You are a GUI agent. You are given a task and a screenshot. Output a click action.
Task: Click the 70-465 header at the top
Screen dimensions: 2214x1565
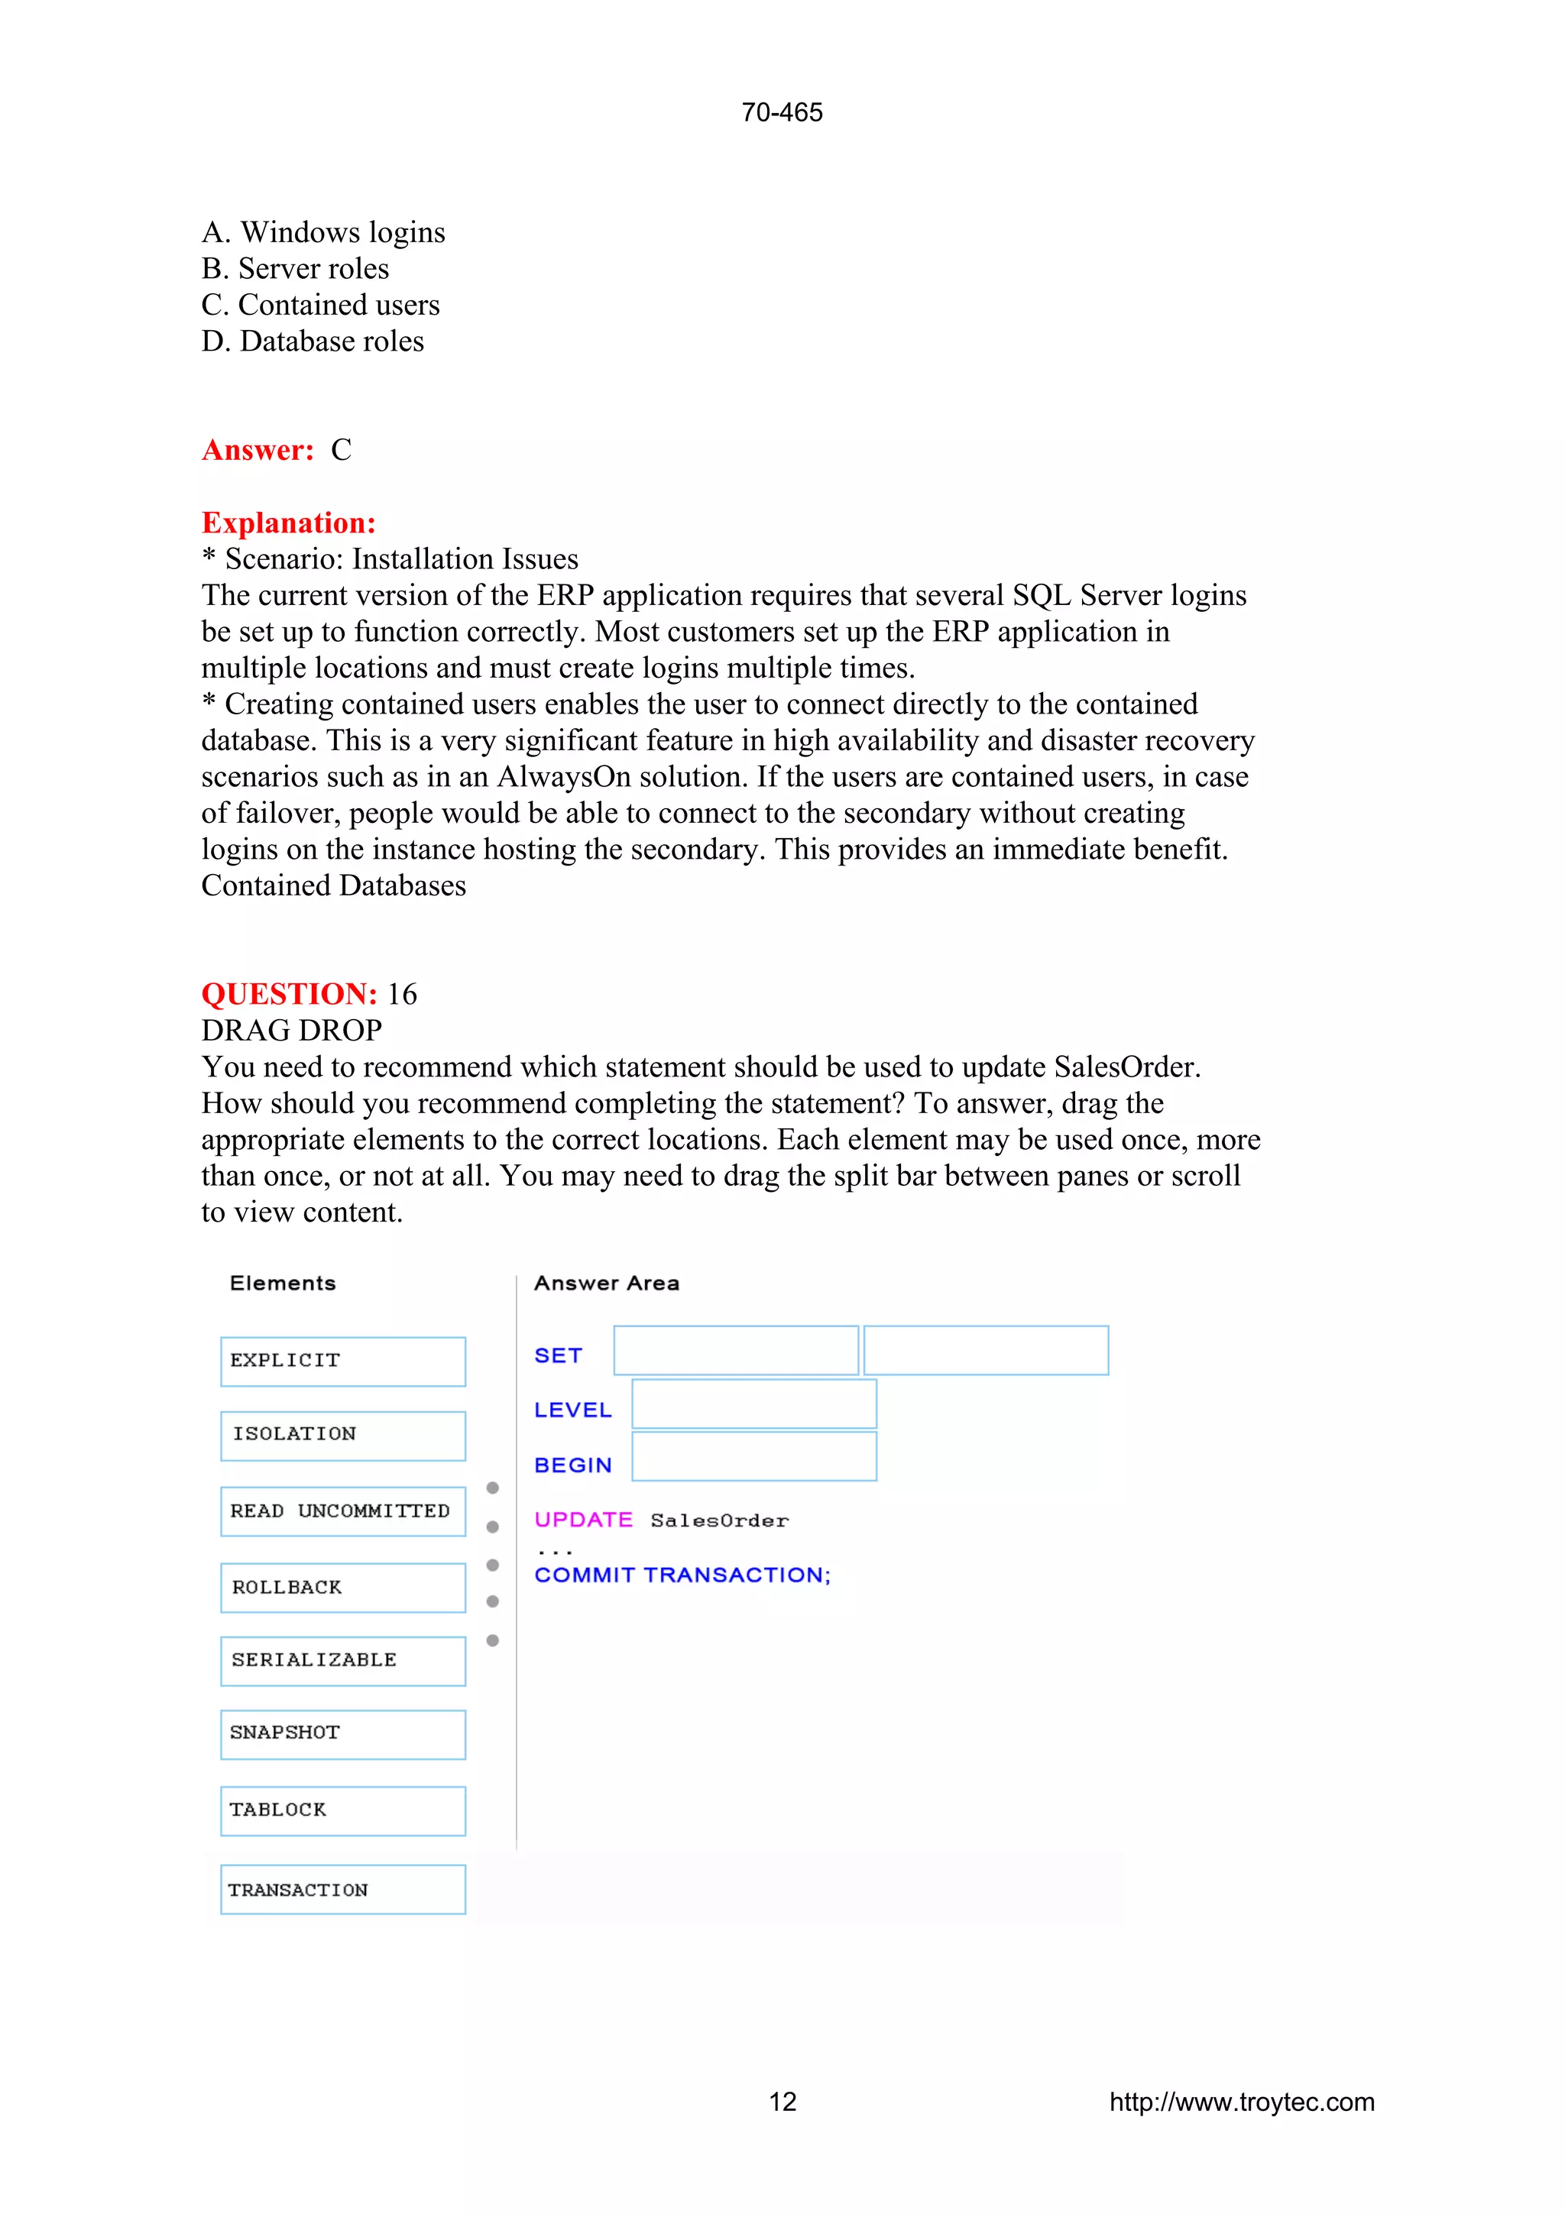pos(781,113)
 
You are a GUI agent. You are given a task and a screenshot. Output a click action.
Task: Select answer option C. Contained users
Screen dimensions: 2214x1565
pos(320,305)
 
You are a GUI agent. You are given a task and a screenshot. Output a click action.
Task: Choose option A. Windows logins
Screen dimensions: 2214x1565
pos(323,232)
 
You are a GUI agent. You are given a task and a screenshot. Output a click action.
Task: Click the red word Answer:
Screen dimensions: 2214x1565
pos(258,450)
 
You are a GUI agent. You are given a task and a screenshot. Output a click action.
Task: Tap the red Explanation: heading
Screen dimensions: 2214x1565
pos(288,523)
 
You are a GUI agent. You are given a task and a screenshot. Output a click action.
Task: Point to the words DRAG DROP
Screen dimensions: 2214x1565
pos(291,1031)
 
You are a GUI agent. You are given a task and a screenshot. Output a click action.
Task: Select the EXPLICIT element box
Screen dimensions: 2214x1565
pos(342,1361)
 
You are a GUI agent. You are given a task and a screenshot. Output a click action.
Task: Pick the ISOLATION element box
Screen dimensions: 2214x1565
pos(342,1435)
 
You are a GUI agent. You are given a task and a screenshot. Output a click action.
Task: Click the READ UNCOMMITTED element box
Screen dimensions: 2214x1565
pos(342,1511)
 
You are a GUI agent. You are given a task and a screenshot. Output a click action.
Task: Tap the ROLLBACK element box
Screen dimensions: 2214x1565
pos(342,1588)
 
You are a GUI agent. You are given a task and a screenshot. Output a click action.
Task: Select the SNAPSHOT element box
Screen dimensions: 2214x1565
pos(342,1733)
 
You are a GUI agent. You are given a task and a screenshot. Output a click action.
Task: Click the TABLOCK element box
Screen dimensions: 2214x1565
pos(342,1810)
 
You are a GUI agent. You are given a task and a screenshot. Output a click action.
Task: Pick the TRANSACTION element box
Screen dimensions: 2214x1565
pos(342,1889)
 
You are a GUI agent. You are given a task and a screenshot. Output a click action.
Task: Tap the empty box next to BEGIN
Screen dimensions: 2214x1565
pos(753,1456)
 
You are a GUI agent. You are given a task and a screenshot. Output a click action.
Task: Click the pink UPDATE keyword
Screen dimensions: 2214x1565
pos(582,1520)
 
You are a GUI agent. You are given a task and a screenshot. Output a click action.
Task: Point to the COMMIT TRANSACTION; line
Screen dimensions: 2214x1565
pos(682,1575)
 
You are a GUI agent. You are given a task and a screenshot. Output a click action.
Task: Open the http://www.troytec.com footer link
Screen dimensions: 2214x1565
pos(1241,2102)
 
